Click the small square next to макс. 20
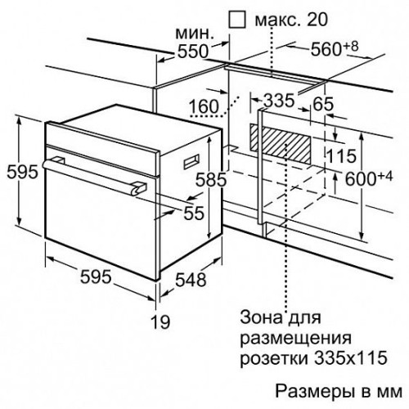click(237, 20)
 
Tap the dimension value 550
click(193, 51)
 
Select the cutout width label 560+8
click(335, 49)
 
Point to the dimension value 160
click(204, 106)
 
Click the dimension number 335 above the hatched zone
click(280, 101)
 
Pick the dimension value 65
click(323, 104)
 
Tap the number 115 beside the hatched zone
click(341, 156)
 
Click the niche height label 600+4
click(369, 178)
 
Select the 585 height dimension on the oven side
click(211, 179)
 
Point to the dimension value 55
click(194, 213)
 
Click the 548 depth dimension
click(191, 280)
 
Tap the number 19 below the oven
click(160, 321)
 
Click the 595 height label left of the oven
click(22, 173)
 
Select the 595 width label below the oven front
click(96, 276)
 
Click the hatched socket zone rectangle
click(281, 144)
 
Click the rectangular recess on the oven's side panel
click(191, 161)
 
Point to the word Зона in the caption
click(261, 317)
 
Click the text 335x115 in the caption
click(351, 357)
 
